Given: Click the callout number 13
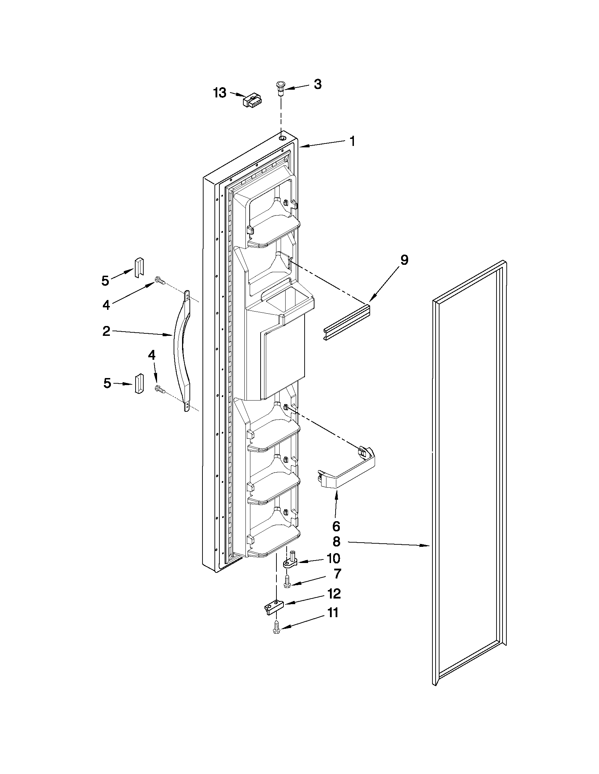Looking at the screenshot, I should click(x=220, y=93).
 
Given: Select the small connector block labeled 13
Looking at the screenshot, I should click(x=251, y=101).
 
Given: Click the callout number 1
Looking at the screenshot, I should click(x=352, y=141).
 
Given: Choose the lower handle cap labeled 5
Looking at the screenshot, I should click(x=139, y=383).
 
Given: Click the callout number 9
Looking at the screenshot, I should click(x=404, y=261).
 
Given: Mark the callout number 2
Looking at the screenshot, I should click(x=106, y=331).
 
